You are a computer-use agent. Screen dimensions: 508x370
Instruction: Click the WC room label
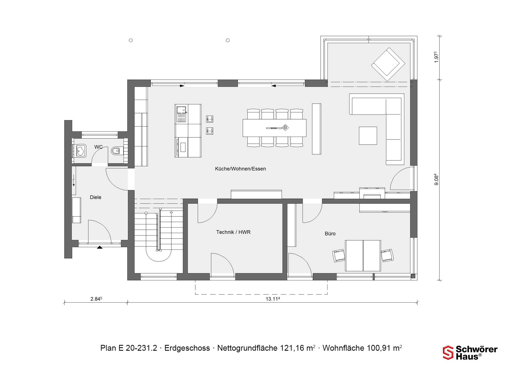point(98,147)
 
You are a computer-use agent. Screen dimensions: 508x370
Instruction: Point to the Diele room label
point(96,197)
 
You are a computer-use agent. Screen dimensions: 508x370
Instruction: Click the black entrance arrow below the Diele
point(100,247)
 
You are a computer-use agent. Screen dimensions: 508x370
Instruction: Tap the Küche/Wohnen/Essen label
point(240,169)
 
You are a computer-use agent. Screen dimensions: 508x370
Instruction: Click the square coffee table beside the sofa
point(368,136)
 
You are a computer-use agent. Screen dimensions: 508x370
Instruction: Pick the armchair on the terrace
point(388,64)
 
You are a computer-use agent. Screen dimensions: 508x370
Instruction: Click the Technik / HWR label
point(233,232)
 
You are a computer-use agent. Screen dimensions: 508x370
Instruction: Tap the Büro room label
point(330,234)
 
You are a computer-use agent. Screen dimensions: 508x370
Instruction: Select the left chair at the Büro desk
point(339,256)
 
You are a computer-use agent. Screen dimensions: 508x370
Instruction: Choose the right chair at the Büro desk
point(387,256)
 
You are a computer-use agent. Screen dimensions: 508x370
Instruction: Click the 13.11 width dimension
point(273,299)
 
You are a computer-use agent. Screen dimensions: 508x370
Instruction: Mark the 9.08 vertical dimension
point(436,179)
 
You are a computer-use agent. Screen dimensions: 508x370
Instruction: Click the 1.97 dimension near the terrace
point(436,57)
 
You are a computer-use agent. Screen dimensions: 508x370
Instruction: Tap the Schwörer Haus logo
point(470,353)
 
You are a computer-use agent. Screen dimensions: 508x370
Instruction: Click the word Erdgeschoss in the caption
point(187,348)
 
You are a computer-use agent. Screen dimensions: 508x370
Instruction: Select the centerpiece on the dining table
point(285,128)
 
